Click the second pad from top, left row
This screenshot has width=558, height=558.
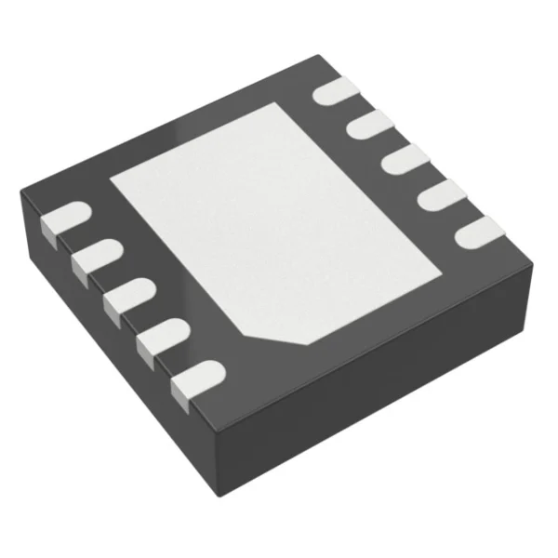pos(94,257)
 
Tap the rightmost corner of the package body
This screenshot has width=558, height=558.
pos(533,265)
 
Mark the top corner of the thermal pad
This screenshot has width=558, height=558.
pos(294,104)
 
